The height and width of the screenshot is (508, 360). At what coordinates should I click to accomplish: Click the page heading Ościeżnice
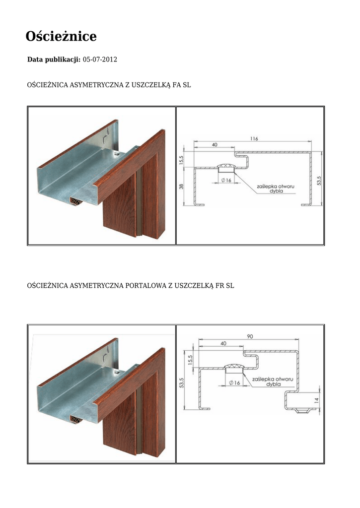pyautogui.click(x=61, y=36)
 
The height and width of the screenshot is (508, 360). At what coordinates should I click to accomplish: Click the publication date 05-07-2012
pyautogui.click(x=100, y=60)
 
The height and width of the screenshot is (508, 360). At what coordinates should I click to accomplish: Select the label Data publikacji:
pyautogui.click(x=54, y=60)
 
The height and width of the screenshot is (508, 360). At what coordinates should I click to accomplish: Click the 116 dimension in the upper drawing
pyautogui.click(x=254, y=139)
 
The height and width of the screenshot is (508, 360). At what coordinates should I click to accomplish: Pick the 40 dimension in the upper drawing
pyautogui.click(x=215, y=145)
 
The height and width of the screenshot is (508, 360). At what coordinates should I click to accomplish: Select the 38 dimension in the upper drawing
pyautogui.click(x=181, y=187)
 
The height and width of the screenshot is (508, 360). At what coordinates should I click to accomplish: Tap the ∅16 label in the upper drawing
pyautogui.click(x=226, y=181)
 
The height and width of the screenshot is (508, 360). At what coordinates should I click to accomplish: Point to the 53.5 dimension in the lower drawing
pyautogui.click(x=182, y=383)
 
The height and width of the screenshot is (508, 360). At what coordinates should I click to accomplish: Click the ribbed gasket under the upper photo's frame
pyautogui.click(x=76, y=200)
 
